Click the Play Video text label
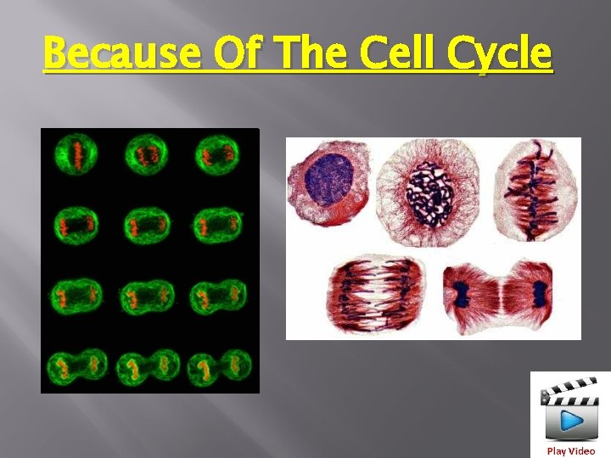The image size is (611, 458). point(571,451)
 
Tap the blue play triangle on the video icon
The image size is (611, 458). point(573,421)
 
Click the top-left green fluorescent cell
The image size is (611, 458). point(77,154)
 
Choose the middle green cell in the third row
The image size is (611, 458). point(147,297)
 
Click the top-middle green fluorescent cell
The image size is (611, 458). point(147,155)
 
